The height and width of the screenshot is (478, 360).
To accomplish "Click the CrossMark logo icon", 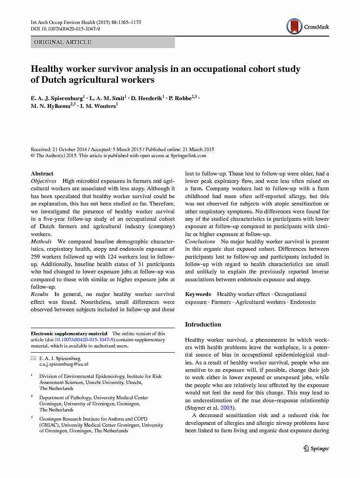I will click(294, 26).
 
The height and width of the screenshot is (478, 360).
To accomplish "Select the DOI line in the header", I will click(65, 29).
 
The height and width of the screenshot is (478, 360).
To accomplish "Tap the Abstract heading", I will click(42, 173).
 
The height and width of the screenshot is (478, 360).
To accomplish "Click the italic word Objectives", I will click(44, 181).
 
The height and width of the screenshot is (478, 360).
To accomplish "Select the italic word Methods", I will click(41, 242).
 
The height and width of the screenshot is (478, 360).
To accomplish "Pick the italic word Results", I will click(40, 295).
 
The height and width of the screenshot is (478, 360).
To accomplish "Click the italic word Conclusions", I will click(200, 242).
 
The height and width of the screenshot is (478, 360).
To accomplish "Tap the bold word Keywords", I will click(198, 295).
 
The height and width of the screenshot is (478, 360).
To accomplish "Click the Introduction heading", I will click(203, 324).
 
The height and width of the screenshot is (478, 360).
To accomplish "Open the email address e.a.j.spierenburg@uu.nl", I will click(64, 364).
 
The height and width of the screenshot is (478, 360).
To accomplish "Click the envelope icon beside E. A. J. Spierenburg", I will click(33, 358).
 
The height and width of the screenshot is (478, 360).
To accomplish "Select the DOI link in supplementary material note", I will click(85, 340).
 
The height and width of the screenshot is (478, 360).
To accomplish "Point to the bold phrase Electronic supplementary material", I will click(69, 334).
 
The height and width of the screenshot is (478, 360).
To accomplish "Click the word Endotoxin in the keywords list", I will click(303, 302).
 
